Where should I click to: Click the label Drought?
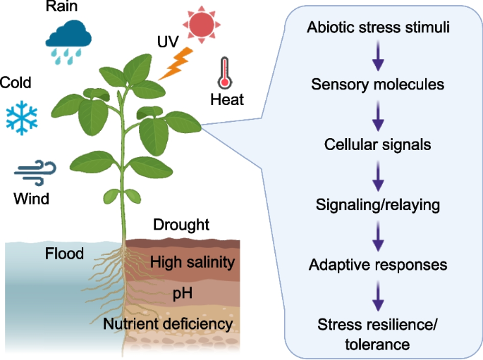click(181, 225)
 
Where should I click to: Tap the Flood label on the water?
click(64, 254)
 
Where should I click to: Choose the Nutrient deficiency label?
click(167, 324)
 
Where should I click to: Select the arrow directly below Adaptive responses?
click(378, 295)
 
